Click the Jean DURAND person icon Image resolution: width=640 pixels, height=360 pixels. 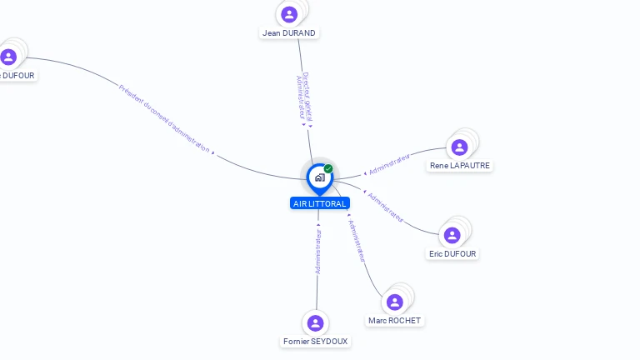(x=289, y=14)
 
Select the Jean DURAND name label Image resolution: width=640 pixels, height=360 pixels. (x=289, y=33)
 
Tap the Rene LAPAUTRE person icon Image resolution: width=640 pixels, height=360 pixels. (x=459, y=147)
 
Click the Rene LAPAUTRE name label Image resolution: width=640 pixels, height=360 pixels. (x=459, y=166)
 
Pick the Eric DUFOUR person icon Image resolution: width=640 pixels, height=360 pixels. (x=452, y=235)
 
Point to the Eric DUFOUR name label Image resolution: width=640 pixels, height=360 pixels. (x=453, y=253)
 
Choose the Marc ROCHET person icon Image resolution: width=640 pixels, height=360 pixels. (x=395, y=302)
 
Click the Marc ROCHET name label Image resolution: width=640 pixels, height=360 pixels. (x=394, y=321)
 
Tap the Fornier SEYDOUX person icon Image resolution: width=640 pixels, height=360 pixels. (x=315, y=322)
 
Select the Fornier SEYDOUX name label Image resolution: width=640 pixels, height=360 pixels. (x=316, y=341)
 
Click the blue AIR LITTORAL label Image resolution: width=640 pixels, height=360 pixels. (x=320, y=203)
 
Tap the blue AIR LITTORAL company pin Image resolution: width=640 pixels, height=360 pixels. (x=319, y=177)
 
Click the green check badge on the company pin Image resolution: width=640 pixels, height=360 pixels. (x=328, y=168)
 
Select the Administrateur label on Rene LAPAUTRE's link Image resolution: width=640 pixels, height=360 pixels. (x=389, y=163)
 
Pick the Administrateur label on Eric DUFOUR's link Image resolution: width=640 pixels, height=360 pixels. (x=386, y=207)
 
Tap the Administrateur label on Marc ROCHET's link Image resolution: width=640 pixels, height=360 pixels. (x=357, y=241)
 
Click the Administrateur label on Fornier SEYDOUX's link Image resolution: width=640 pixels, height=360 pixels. (x=317, y=253)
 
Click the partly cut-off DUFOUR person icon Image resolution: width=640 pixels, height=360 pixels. (x=8, y=57)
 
